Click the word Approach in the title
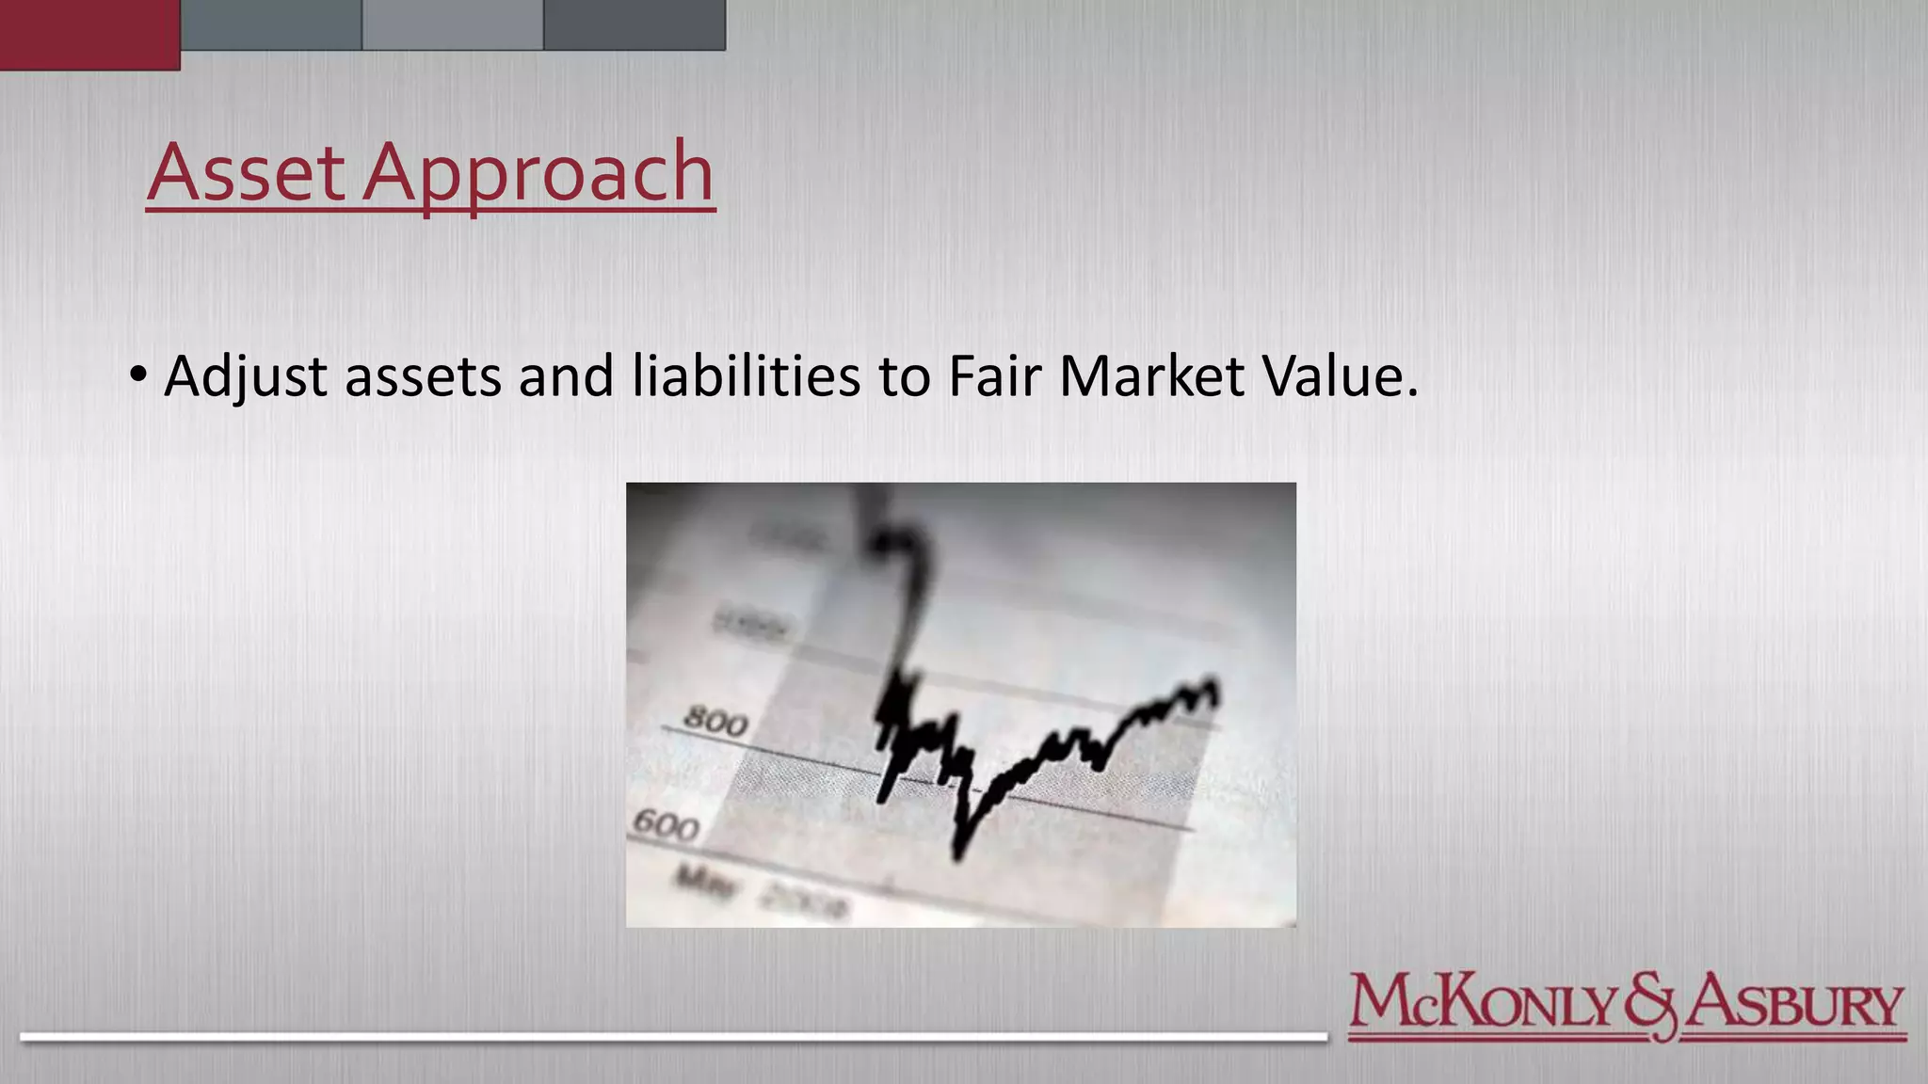tap(538, 174)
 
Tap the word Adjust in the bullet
tap(246, 377)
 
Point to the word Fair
tap(993, 376)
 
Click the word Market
tap(1151, 376)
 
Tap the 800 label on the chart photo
tap(715, 722)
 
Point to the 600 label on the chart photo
tap(666, 824)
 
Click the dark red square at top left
tap(89, 34)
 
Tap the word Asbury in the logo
tap(1793, 1003)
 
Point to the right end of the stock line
tap(1215, 692)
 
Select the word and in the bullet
tap(566, 376)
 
